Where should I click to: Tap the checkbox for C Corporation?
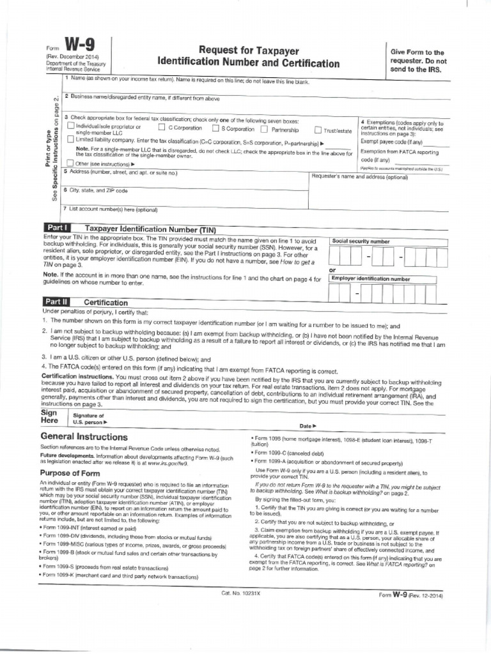tap(162, 128)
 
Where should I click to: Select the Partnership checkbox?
tap(265, 128)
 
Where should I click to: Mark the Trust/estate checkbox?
tap(318, 130)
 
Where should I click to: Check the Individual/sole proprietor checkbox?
tap(70, 126)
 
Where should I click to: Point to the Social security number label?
tap(361, 241)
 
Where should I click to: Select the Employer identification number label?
tap(370, 279)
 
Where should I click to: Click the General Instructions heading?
tap(84, 437)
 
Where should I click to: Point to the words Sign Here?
tap(49, 417)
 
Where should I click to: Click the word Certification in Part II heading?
tap(106, 303)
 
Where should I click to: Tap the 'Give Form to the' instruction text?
tap(417, 52)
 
